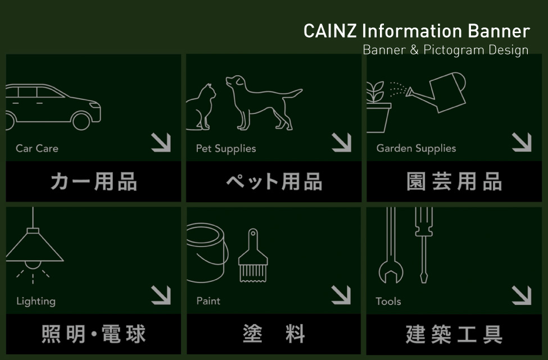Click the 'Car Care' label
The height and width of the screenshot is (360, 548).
tap(37, 148)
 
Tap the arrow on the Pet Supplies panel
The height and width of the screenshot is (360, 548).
tap(342, 143)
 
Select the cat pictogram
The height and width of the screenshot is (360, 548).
tap(201, 107)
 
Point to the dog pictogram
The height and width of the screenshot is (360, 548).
tap(264, 103)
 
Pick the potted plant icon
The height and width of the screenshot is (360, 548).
tap(378, 107)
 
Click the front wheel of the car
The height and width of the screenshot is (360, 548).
tap(81, 121)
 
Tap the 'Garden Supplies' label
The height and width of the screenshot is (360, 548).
tap(416, 148)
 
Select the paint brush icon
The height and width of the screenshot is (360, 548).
tap(253, 256)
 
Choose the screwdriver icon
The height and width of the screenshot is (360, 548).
tap(424, 244)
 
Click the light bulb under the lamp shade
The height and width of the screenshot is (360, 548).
tap(33, 265)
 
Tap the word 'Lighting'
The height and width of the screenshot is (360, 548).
tap(36, 302)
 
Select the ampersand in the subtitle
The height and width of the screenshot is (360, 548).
tap(414, 50)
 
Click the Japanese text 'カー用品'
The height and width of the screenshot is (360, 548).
tap(94, 181)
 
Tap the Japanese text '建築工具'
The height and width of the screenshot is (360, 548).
tap(454, 334)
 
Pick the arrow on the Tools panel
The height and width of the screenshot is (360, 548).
tap(522, 295)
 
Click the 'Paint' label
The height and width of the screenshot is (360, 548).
tap(209, 301)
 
